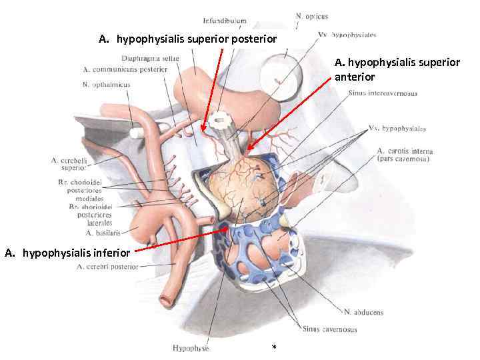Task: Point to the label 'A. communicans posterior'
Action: [125, 69]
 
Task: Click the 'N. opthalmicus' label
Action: [106, 85]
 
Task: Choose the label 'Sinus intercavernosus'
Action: [383, 93]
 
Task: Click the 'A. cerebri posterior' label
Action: [107, 267]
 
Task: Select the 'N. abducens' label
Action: [364, 312]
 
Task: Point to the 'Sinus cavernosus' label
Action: [329, 329]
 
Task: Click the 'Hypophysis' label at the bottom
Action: [191, 347]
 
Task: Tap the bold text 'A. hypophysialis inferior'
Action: [69, 253]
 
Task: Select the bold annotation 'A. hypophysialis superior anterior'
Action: [397, 69]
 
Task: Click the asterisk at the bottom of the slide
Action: [274, 348]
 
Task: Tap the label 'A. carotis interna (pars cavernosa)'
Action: [403, 155]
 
